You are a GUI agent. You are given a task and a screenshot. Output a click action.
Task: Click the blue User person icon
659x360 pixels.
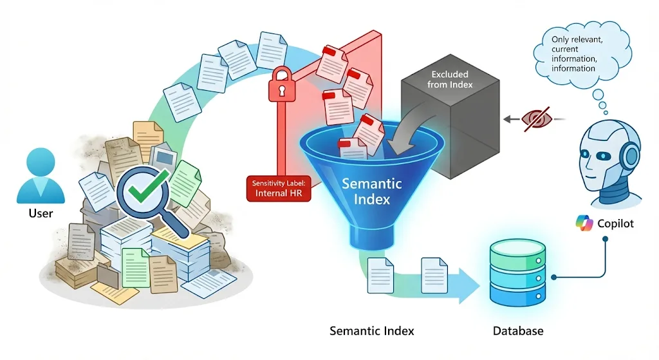[x=41, y=176]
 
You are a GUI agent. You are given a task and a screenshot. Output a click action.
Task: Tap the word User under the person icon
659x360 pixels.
[x=41, y=213]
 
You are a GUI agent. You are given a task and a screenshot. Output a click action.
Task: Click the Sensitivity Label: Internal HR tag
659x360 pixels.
[x=277, y=187]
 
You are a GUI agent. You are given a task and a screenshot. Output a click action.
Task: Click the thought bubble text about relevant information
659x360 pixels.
[x=575, y=54]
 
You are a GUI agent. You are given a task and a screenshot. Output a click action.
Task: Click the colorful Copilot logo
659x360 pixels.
[x=584, y=223]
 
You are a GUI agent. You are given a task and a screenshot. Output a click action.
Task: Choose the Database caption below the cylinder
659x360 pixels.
[x=518, y=331]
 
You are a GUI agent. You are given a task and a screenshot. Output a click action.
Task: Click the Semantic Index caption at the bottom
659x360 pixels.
[x=372, y=331]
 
